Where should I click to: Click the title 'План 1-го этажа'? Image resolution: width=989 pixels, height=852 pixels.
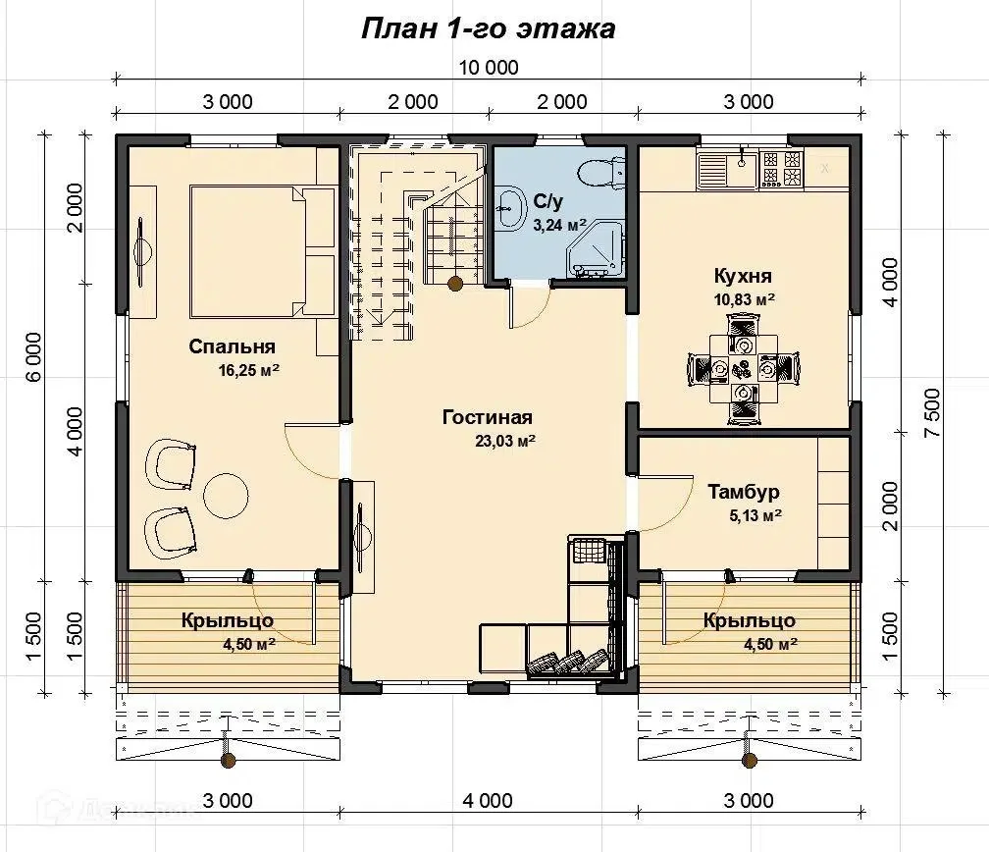tap(489, 29)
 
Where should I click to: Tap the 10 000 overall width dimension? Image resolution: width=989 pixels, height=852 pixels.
tap(489, 67)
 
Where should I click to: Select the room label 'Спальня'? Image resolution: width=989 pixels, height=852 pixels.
tap(233, 346)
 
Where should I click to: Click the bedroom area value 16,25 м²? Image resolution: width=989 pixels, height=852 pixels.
tap(249, 370)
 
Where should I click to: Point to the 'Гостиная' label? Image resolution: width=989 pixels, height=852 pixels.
tap(488, 417)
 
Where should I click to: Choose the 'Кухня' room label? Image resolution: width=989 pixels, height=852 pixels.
tap(743, 276)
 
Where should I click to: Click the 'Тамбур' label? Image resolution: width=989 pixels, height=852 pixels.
tap(744, 492)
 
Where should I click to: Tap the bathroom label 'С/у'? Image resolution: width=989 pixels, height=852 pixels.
tap(548, 201)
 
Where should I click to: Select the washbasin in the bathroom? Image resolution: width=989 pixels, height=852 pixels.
tap(510, 206)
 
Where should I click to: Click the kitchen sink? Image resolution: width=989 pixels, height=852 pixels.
tap(728, 169)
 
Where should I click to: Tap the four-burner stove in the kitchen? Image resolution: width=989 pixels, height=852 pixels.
tap(781, 169)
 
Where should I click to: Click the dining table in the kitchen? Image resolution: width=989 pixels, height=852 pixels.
tap(744, 368)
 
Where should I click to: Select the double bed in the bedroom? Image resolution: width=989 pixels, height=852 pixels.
tap(262, 250)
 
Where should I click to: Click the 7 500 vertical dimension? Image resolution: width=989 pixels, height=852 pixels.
tap(933, 412)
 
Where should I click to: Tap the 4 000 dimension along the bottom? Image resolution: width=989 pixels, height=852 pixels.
tap(488, 800)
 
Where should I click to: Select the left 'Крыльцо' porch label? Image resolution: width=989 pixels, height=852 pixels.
tap(228, 620)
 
